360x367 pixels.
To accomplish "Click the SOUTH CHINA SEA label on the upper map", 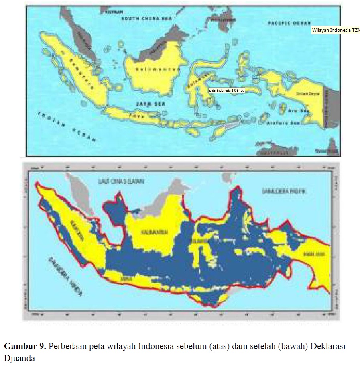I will coord(140,19).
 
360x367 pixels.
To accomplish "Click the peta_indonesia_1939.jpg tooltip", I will coord(227,91).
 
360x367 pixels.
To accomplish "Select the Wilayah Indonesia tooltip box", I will coord(336,30).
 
